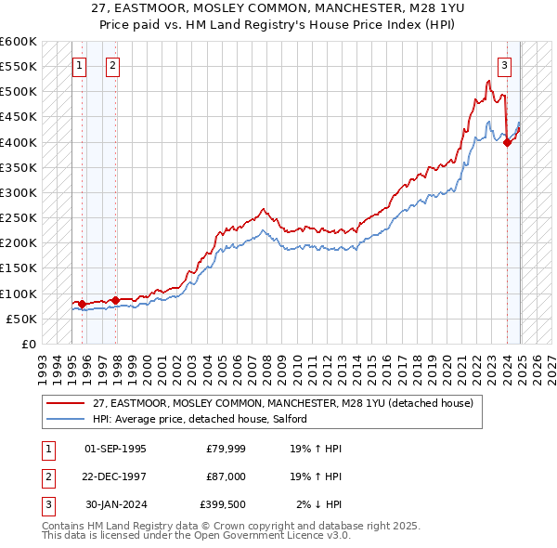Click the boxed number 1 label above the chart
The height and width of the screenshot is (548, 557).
pyautogui.click(x=79, y=65)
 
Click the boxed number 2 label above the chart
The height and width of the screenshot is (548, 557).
pyautogui.click(x=112, y=65)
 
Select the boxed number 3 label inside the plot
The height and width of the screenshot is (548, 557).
pyautogui.click(x=504, y=65)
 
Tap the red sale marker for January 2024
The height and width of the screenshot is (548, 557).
pyautogui.click(x=507, y=142)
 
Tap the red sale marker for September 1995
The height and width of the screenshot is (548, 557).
pyautogui.click(x=82, y=304)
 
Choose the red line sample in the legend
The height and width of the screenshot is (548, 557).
pyautogui.click(x=66, y=403)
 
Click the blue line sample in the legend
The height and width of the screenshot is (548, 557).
pyautogui.click(x=66, y=420)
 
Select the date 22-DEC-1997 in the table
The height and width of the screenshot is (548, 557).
pyautogui.click(x=115, y=476)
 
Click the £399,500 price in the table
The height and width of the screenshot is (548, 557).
pyautogui.click(x=223, y=504)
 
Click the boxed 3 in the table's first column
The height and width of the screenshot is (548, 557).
pyautogui.click(x=47, y=504)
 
